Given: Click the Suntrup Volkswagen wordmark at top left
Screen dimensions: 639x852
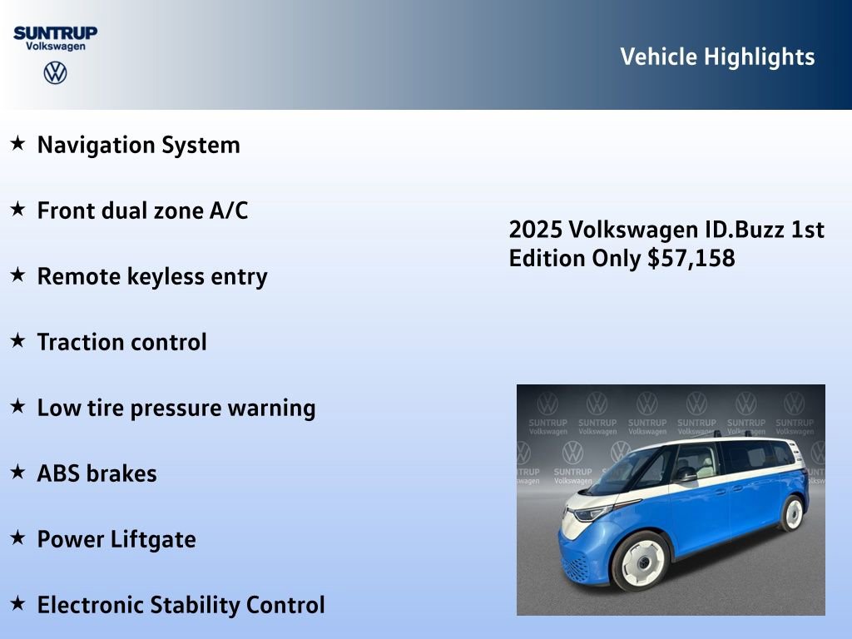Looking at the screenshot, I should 55,38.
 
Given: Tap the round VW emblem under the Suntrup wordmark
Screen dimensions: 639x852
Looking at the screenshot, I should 55,72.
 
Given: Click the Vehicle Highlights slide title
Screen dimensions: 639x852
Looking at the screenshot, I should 717,57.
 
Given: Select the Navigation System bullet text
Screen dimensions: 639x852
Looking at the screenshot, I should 138,145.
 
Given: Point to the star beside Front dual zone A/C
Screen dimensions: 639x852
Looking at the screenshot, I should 17,210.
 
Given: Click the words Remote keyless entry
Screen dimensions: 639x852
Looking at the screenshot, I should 152,276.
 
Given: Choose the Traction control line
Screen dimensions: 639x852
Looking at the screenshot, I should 121,342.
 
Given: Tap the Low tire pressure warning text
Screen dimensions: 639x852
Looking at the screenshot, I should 176,408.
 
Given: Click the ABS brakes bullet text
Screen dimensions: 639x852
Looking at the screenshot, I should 97,473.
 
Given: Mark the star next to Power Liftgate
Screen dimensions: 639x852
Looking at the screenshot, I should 17,538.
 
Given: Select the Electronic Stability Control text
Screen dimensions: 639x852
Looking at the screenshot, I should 181,605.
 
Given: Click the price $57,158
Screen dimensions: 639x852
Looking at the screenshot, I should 691,258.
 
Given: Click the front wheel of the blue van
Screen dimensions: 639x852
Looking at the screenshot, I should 641,561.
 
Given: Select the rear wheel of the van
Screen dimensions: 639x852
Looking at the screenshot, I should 793,513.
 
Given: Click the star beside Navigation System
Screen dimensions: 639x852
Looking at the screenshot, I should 17,144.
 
